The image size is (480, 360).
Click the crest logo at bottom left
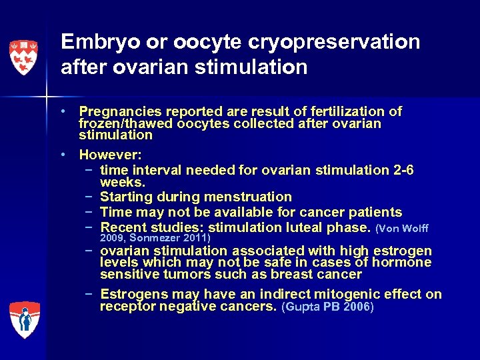pos(24,319)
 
